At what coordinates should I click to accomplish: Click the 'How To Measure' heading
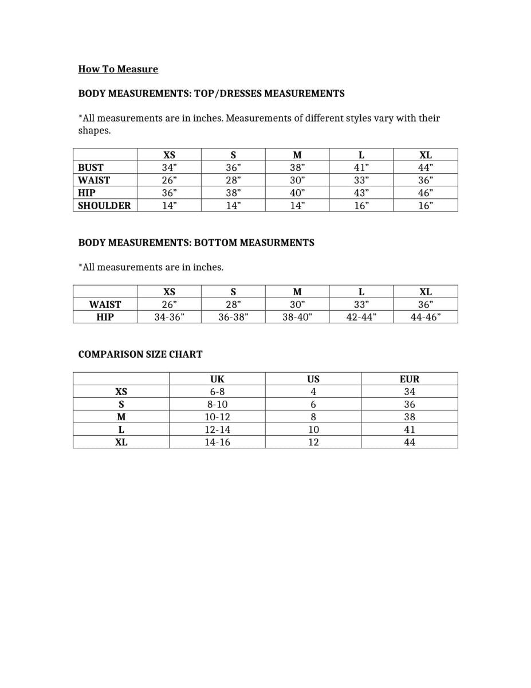click(118, 69)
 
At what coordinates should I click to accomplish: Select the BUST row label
click(91, 167)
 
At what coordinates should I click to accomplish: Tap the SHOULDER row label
click(104, 205)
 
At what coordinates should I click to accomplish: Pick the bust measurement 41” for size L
click(361, 167)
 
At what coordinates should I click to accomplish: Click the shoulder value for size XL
click(426, 205)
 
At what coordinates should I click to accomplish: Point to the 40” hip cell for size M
click(297, 193)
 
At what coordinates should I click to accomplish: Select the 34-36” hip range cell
click(170, 317)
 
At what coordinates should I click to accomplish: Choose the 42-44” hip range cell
click(361, 317)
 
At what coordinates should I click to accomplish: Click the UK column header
click(218, 379)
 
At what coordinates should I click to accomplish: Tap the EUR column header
click(410, 379)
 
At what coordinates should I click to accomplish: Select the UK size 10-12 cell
click(218, 417)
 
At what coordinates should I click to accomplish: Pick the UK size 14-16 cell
click(218, 442)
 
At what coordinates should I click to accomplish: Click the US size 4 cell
click(313, 392)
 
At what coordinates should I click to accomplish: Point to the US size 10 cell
click(313, 429)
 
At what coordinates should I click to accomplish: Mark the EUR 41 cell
click(410, 429)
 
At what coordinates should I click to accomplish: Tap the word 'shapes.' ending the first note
click(94, 131)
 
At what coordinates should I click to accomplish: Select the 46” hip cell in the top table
click(426, 193)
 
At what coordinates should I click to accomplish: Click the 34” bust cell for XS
click(170, 167)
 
